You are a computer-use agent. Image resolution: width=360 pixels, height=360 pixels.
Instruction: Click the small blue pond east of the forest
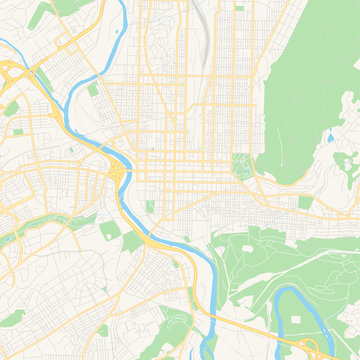point(330,138)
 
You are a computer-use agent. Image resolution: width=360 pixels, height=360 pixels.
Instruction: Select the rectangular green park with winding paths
point(241,165)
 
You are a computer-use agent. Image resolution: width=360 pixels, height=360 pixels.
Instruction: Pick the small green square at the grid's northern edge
point(239,8)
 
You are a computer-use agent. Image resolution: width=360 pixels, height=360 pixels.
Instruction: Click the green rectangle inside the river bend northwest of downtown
point(93,90)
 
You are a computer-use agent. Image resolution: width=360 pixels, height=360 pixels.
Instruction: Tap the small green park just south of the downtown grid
point(150,206)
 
